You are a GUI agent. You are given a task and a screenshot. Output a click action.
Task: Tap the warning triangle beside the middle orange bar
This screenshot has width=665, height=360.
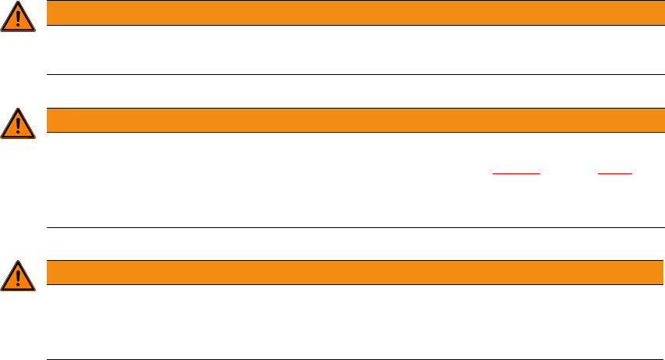point(18,124)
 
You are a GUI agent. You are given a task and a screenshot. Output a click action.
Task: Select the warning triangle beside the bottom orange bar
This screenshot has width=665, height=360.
point(18,276)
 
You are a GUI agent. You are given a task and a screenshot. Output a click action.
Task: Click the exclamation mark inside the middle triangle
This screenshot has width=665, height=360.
point(18,126)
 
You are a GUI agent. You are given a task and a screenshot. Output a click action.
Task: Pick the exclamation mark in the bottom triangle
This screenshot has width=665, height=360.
point(18,278)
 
